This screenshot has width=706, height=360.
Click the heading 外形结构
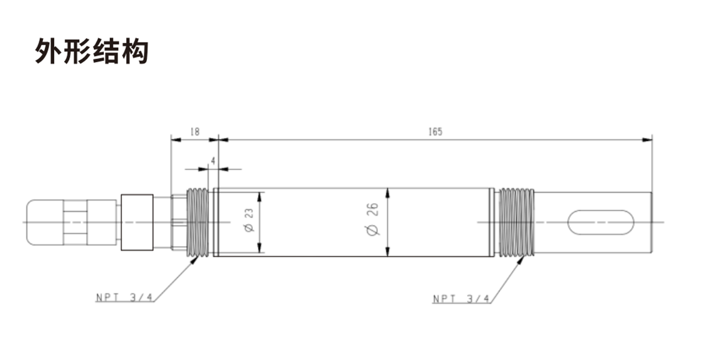pos(92,52)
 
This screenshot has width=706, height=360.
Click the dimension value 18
pos(194,132)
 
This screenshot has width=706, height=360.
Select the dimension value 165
pos(435,132)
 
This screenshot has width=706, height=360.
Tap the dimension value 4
pos(214,161)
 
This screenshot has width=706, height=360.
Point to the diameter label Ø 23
pos(249,221)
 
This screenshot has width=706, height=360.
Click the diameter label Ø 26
pos(374,221)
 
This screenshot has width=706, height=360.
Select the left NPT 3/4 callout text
pos(124,298)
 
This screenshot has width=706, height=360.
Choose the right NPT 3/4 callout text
pos(461,299)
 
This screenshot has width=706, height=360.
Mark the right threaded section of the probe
pos(516,222)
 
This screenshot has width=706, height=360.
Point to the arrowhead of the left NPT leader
pos(197,258)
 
